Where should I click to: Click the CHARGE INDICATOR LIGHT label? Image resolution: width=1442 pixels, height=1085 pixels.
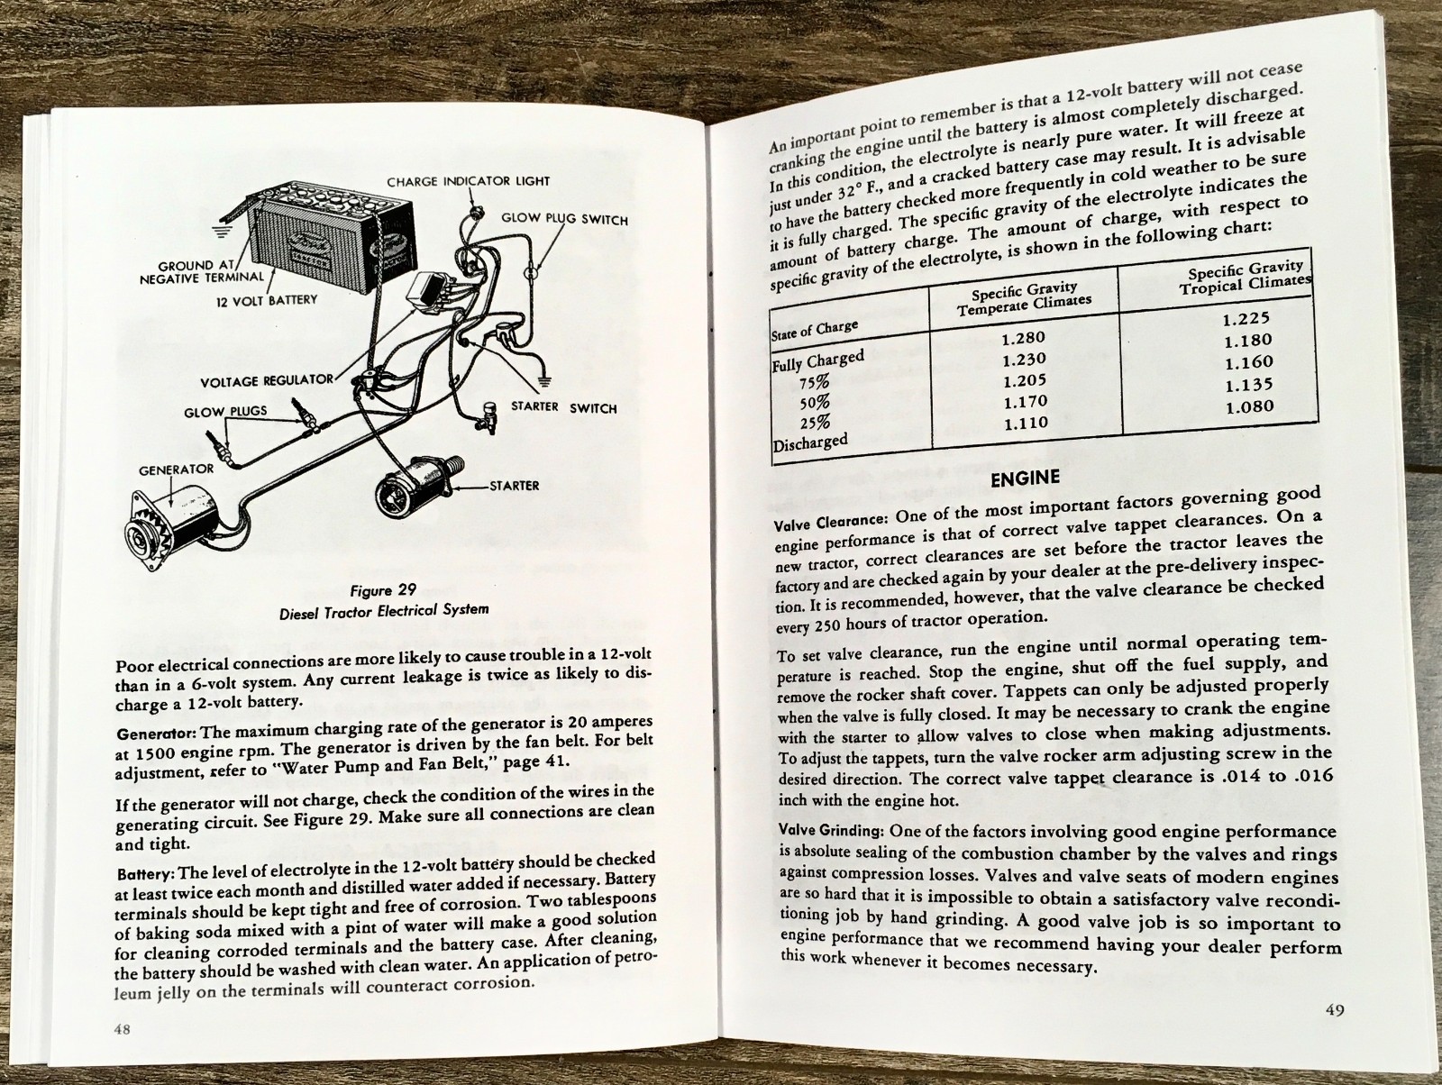tap(468, 181)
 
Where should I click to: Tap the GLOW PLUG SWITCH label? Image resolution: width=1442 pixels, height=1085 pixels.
tap(565, 219)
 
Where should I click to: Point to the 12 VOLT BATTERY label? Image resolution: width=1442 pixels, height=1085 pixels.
tap(266, 299)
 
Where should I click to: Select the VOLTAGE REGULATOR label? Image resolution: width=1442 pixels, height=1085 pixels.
tap(267, 381)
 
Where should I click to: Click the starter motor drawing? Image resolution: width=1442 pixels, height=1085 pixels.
tap(416, 491)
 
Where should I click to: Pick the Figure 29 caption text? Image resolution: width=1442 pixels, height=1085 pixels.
tap(384, 600)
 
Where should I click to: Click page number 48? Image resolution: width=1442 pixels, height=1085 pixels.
tap(123, 1029)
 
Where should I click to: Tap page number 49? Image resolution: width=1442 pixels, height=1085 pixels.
tap(1336, 1010)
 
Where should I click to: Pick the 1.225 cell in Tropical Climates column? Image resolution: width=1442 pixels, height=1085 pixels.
tap(1247, 318)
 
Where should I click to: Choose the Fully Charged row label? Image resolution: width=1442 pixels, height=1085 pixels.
tap(818, 360)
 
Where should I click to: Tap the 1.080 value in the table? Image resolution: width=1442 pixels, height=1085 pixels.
tap(1250, 406)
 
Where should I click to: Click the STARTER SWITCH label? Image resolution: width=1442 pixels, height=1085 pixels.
tap(564, 407)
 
